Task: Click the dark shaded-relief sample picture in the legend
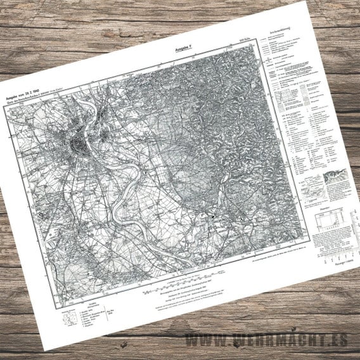(335, 177)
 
